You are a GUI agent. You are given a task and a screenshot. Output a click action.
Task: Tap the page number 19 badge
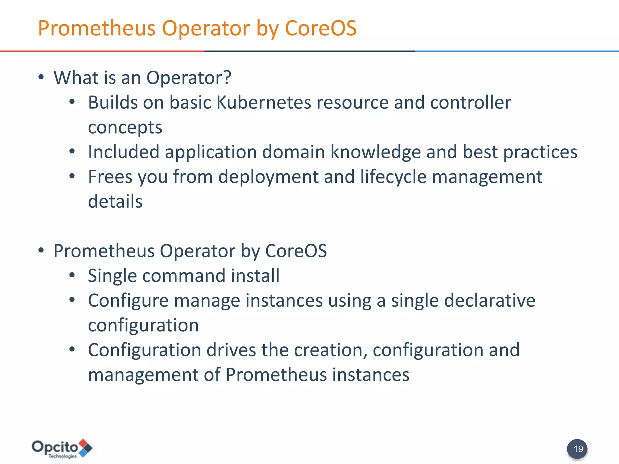(577, 449)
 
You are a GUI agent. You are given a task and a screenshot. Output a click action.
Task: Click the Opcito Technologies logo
(62, 449)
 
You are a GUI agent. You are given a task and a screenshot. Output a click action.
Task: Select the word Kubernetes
(264, 103)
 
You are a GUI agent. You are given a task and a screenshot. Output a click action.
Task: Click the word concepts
(125, 127)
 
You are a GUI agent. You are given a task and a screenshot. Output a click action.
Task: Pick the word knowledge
(375, 152)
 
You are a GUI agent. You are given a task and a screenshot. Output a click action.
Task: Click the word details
(115, 201)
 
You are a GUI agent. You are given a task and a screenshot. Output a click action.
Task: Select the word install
(255, 276)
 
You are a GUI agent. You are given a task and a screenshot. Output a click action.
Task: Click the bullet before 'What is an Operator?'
(41, 77)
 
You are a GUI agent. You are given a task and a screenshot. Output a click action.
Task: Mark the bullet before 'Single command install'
(72, 275)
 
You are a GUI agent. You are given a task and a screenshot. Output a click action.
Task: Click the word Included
(124, 152)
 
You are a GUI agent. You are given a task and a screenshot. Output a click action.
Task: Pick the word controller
(471, 103)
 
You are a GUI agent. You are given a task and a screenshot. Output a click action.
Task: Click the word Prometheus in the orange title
(97, 28)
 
